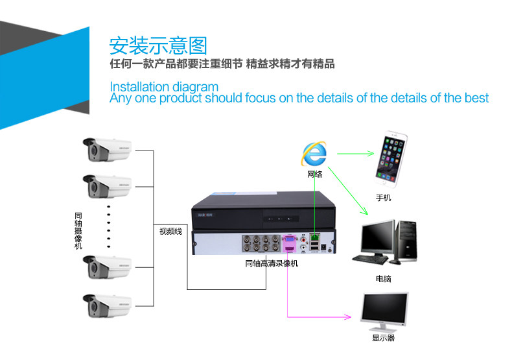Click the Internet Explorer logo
[314, 154]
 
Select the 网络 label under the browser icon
[315, 174]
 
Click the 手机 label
[383, 198]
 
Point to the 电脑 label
[383, 279]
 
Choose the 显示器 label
[383, 338]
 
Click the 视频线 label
[170, 232]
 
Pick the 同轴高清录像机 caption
[272, 263]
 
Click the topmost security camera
[107, 150]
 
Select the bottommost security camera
[107, 306]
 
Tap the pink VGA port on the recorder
[290, 239]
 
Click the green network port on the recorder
[315, 236]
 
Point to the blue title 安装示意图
[158, 45]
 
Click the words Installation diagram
[164, 87]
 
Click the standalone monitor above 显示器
[384, 311]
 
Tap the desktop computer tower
[407, 241]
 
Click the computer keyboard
[370, 259]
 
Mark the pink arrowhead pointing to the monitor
[348, 317]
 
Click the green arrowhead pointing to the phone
[370, 153]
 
